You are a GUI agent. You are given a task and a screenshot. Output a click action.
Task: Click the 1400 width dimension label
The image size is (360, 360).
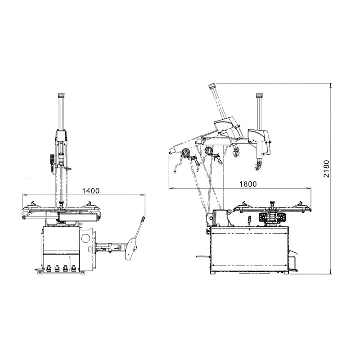(x=91, y=190)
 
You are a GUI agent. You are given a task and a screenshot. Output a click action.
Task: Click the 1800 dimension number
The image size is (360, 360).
(x=248, y=184)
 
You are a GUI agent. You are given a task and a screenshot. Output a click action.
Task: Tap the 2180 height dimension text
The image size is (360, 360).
(x=326, y=169)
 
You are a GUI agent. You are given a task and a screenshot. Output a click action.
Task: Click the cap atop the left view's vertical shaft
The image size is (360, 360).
(x=61, y=94)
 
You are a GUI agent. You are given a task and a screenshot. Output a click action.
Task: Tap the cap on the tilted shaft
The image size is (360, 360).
(x=212, y=86)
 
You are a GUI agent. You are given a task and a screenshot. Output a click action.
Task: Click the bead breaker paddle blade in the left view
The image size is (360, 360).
(x=130, y=248)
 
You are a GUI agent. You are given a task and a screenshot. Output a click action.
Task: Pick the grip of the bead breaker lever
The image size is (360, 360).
(x=143, y=220)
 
